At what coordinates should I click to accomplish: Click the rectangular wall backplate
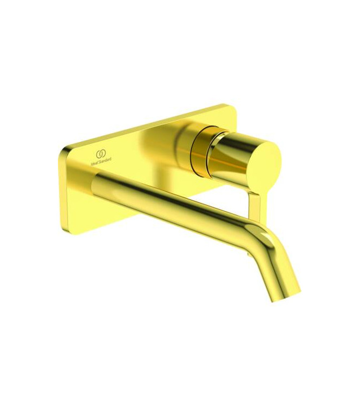pos(141,146)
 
